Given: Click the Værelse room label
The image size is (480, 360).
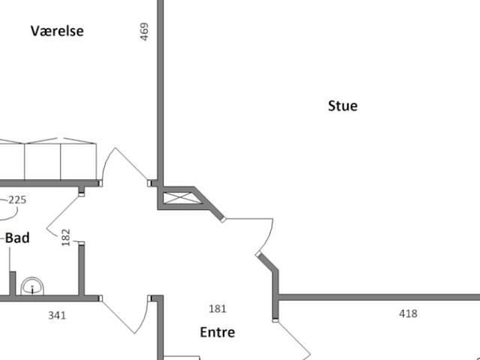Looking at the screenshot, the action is click(57, 31).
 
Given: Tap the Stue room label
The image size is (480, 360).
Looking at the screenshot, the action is click(343, 106).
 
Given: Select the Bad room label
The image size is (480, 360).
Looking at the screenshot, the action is click(17, 238).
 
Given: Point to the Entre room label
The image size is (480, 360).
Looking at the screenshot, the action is click(217, 332).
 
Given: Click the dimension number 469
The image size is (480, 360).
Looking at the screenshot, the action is click(144, 31).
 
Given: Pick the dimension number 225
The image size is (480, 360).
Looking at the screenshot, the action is click(17, 200).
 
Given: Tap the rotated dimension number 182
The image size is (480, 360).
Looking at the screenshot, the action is click(66, 237).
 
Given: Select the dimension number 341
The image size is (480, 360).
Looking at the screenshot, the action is click(57, 315).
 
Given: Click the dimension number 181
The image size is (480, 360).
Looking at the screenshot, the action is click(217, 309).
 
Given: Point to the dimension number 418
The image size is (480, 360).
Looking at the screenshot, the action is click(408, 313).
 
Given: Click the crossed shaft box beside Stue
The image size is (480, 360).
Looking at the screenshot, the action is click(182, 198).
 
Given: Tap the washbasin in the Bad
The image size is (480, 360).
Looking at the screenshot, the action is click(32, 286).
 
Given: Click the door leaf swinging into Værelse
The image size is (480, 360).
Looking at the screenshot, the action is click(131, 164).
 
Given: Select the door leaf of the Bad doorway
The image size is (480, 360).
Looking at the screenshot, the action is click(63, 213).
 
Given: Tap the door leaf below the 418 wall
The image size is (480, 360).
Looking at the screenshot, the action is click(294, 338).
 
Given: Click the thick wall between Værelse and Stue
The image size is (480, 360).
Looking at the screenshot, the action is click(160, 91).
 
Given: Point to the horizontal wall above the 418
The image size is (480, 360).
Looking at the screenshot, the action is click(379, 297).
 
